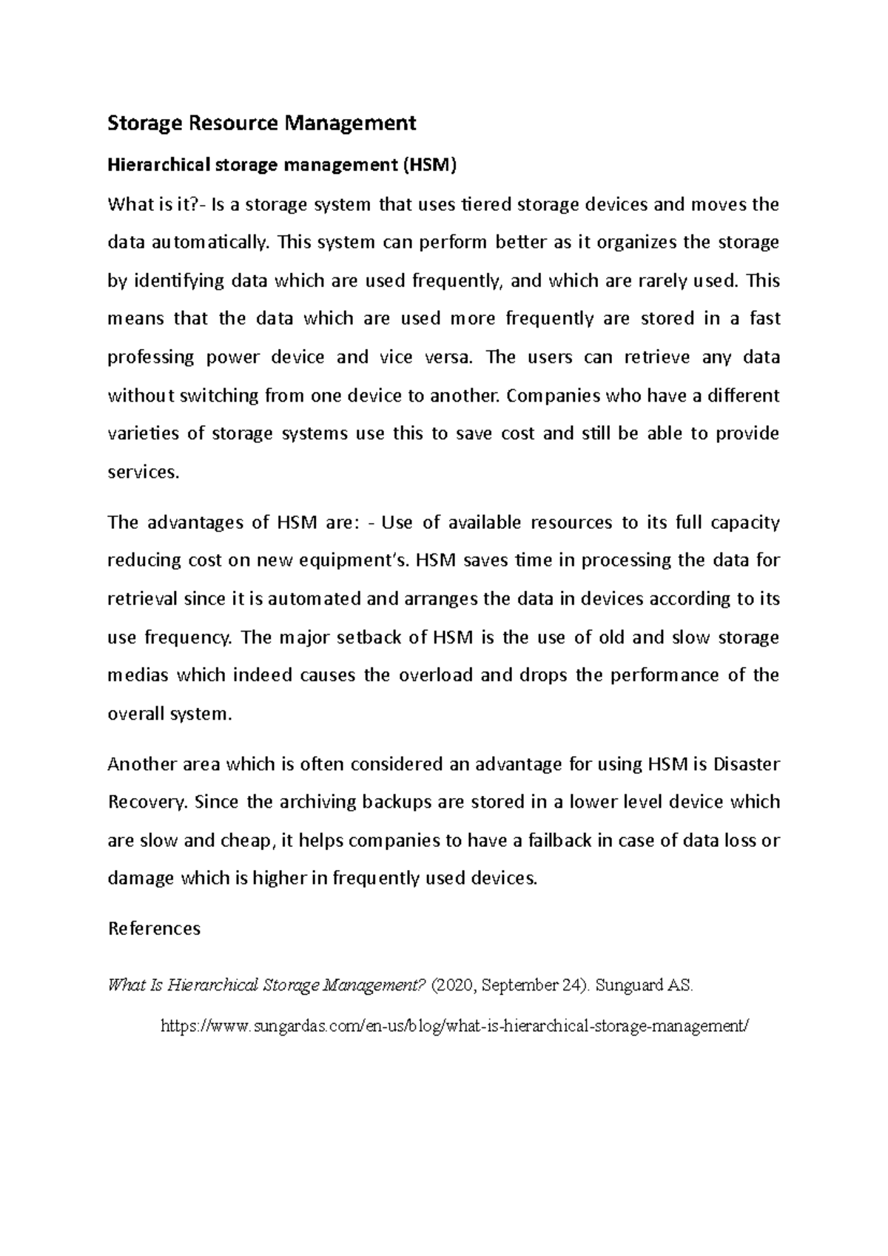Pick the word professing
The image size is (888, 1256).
tap(151, 358)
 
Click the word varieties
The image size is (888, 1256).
tap(144, 433)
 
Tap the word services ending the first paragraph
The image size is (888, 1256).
tap(144, 472)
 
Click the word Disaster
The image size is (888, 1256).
tap(746, 765)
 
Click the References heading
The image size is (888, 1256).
tap(154, 928)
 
